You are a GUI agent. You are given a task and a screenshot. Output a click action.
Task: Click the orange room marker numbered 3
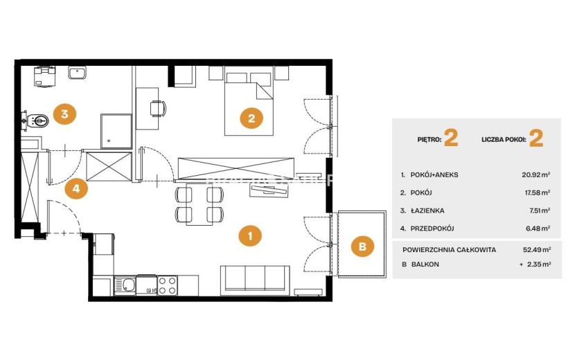(x=64, y=114)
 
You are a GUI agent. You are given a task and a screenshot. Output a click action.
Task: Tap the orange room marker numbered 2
(x=251, y=118)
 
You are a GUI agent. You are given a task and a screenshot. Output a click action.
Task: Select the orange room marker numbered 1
(x=249, y=235)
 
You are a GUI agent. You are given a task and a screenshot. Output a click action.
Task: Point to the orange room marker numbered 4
(x=76, y=188)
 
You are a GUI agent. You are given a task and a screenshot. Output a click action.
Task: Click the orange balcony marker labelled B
(x=362, y=246)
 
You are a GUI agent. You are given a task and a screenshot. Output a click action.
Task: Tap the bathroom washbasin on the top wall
(x=77, y=73)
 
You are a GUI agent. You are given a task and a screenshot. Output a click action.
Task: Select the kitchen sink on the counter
(x=125, y=285)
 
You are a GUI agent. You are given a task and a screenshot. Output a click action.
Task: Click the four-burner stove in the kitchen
(x=168, y=286)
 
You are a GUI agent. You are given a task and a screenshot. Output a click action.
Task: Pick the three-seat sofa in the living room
(x=255, y=280)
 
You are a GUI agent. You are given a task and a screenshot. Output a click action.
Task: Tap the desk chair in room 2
(x=158, y=108)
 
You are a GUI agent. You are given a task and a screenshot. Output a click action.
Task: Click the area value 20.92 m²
(x=536, y=175)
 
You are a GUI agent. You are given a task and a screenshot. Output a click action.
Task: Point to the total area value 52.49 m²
(x=537, y=250)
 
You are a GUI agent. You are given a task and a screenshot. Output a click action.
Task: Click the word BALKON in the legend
(x=425, y=264)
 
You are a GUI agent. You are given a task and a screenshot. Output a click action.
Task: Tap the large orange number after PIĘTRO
(x=451, y=138)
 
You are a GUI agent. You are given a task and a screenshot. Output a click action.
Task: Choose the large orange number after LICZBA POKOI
(x=536, y=138)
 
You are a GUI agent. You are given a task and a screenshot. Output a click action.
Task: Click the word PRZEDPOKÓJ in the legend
(x=432, y=228)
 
